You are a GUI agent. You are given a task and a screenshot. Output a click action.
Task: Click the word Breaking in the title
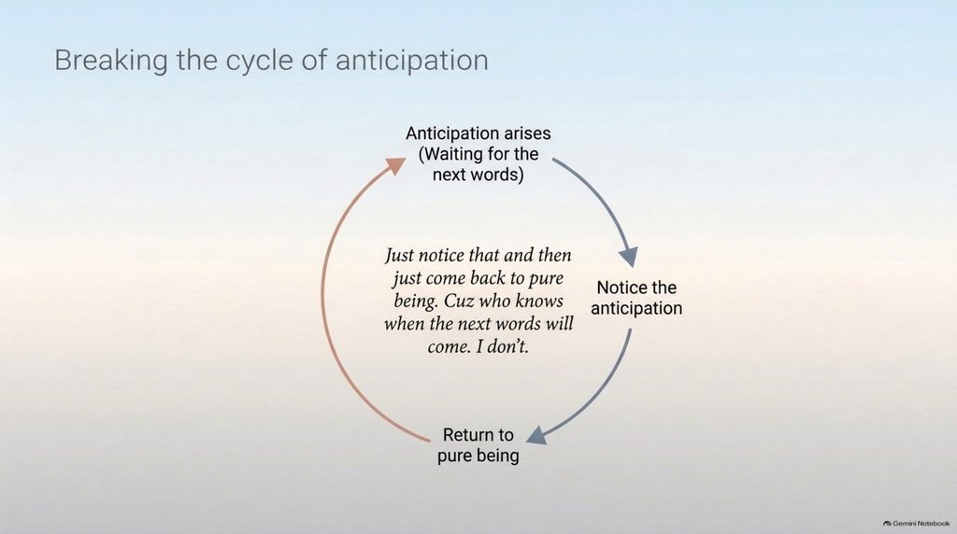(111, 61)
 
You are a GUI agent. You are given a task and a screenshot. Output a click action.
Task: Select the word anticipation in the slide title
(411, 62)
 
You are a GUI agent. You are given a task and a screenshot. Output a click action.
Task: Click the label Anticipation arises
(478, 133)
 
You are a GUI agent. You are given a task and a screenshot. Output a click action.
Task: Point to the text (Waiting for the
(478, 154)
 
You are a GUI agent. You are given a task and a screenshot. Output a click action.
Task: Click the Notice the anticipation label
(636, 298)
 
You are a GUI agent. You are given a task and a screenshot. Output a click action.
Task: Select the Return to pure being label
(478, 445)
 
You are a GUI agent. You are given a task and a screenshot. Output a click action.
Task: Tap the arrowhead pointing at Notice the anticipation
(629, 257)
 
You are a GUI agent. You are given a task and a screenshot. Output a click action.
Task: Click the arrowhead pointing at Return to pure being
(536, 435)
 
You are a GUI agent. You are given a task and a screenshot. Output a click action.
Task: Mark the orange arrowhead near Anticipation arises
(395, 164)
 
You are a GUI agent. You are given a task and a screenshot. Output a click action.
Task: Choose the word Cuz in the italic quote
(458, 302)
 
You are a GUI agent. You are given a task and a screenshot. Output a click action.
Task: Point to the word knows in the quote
(539, 302)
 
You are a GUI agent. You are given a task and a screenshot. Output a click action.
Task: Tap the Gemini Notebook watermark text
(921, 523)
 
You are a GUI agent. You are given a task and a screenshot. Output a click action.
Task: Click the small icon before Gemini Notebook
(887, 523)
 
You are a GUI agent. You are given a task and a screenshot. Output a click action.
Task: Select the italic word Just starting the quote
(399, 256)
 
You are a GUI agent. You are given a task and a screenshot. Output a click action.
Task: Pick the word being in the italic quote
(416, 302)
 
